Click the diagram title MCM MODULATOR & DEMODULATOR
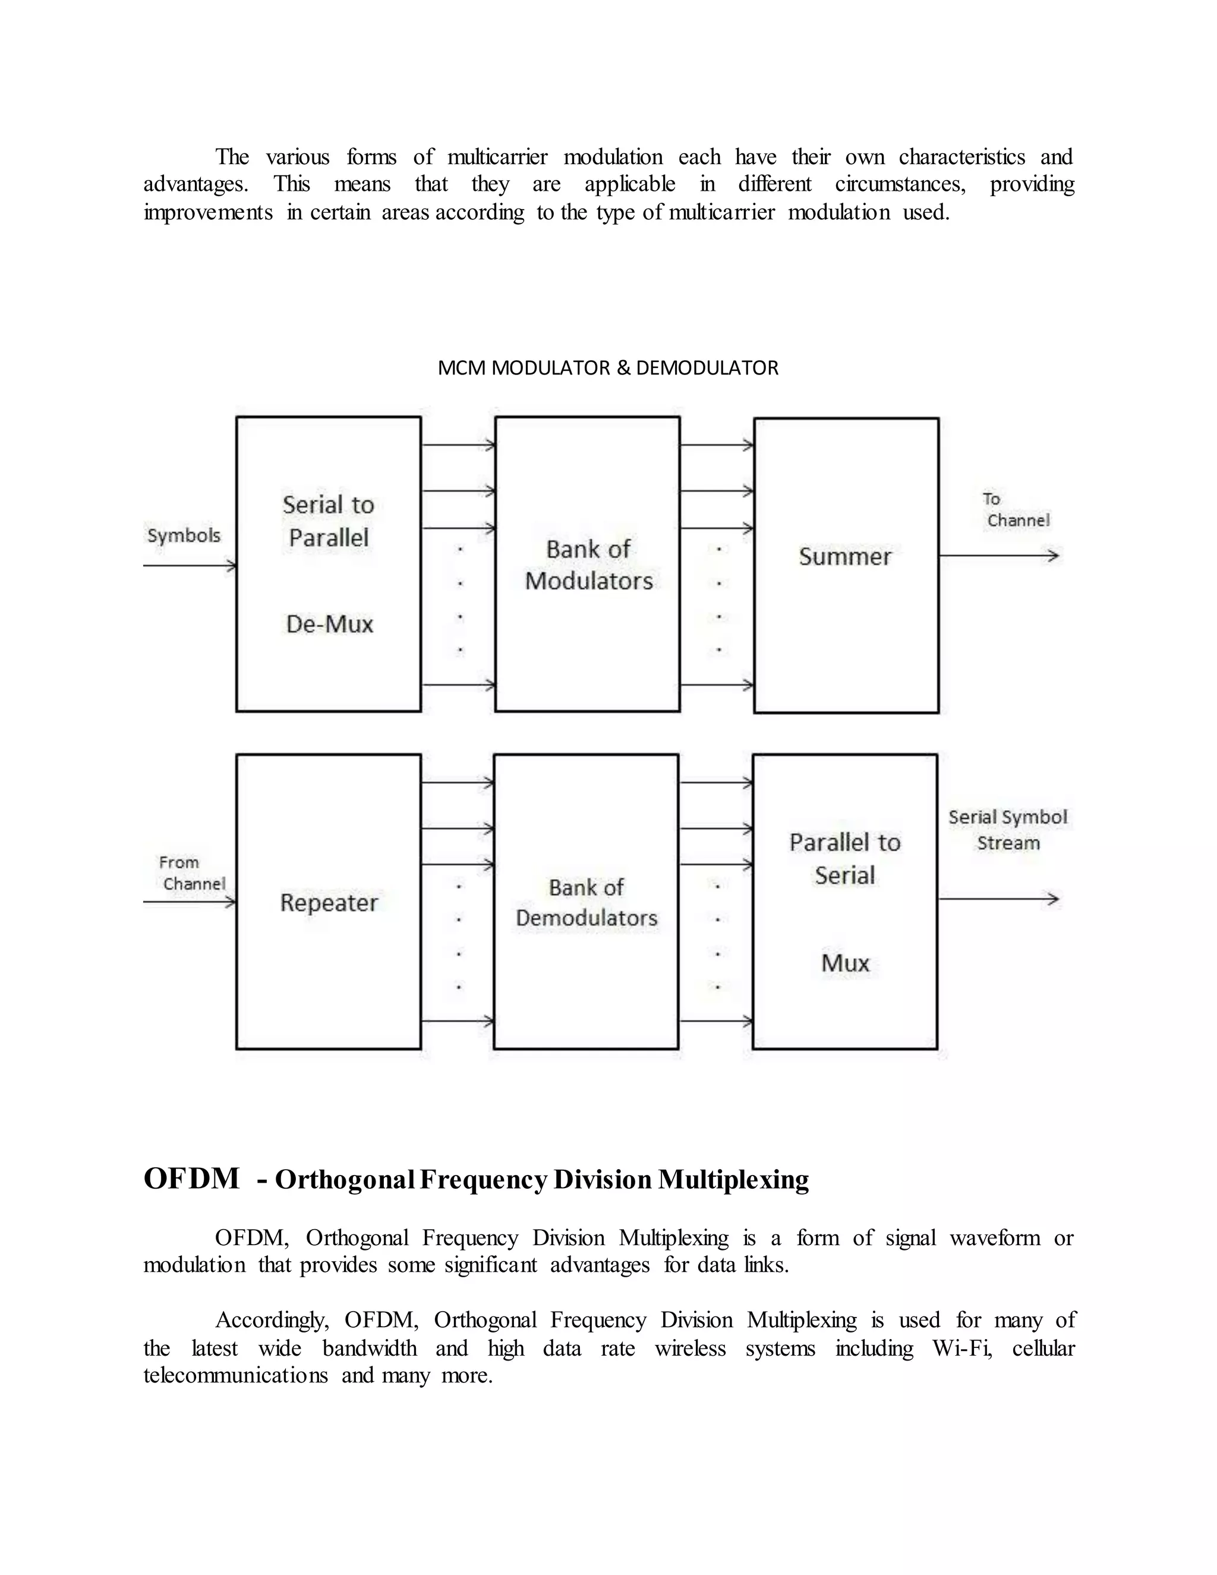[608, 368]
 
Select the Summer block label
[845, 557]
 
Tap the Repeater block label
[329, 903]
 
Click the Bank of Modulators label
[588, 565]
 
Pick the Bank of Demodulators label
[586, 903]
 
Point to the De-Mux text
[329, 624]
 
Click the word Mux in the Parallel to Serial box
[845, 963]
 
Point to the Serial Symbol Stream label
[1007, 830]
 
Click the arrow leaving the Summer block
[998, 556]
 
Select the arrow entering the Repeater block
[190, 902]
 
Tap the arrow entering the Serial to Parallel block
[190, 566]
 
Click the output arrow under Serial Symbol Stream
[998, 899]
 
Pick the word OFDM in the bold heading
[191, 1179]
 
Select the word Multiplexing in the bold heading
[733, 1180]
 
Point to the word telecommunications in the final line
[235, 1376]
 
